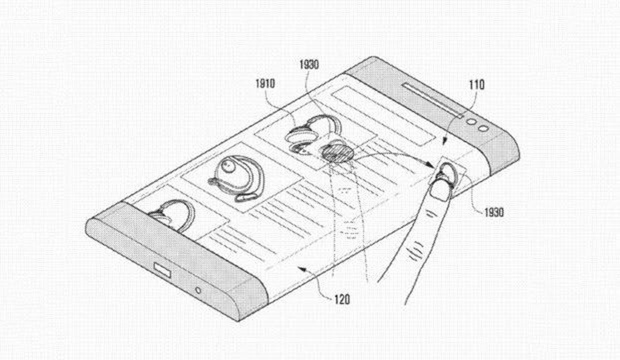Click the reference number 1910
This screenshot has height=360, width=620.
pyautogui.click(x=265, y=84)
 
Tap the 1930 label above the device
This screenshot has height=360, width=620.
pyautogui.click(x=309, y=65)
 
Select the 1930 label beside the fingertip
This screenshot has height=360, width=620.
pyautogui.click(x=494, y=212)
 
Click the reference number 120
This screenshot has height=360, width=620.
pyautogui.click(x=342, y=300)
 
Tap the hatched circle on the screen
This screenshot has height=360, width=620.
pyautogui.click(x=338, y=153)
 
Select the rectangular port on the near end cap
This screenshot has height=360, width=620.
pyautogui.click(x=162, y=270)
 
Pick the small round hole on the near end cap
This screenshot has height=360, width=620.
pyautogui.click(x=198, y=290)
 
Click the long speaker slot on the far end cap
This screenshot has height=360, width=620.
pyautogui.click(x=433, y=100)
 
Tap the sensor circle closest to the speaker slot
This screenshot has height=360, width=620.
pyautogui.click(x=471, y=122)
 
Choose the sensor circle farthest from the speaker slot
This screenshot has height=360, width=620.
pyautogui.click(x=483, y=129)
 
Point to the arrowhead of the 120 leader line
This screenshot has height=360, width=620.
pyautogui.click(x=301, y=268)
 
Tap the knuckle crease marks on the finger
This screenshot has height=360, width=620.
pyautogui.click(x=416, y=251)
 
